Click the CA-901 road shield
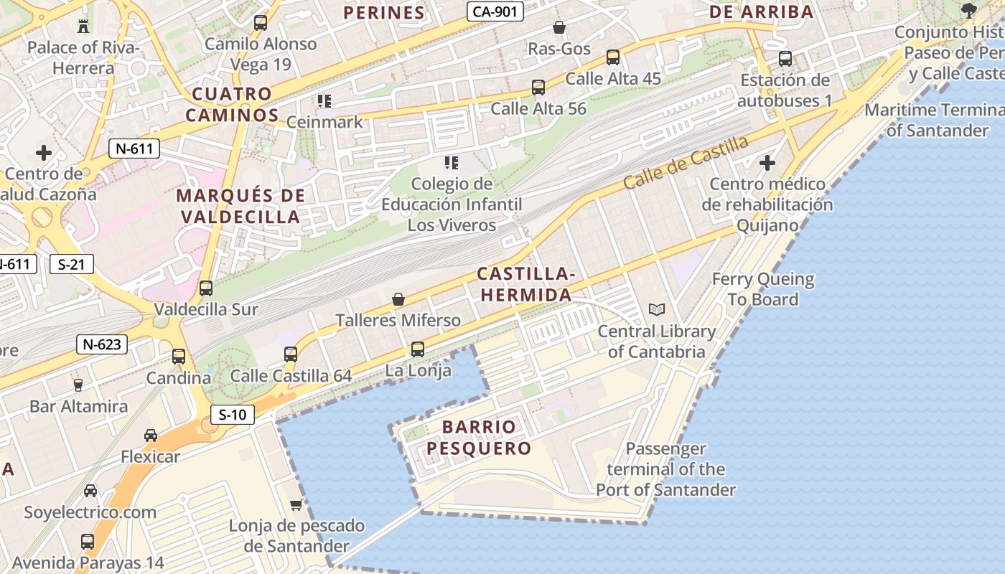(x=495, y=11)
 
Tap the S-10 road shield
(x=233, y=414)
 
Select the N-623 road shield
(x=102, y=344)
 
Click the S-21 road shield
(x=72, y=264)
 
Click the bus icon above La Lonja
(x=417, y=349)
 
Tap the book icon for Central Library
(x=656, y=310)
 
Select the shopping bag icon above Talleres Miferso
(x=398, y=298)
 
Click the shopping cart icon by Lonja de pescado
(x=296, y=504)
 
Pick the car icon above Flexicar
(x=151, y=435)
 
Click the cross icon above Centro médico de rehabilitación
(x=767, y=163)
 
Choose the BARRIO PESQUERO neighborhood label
(x=479, y=438)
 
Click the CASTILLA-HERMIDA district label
(x=525, y=284)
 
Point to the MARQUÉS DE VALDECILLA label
(x=240, y=206)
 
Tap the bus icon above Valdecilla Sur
(x=206, y=288)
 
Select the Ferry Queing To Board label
(x=763, y=289)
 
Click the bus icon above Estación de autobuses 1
(x=785, y=59)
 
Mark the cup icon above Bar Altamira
(x=78, y=385)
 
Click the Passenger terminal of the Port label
(x=665, y=469)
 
